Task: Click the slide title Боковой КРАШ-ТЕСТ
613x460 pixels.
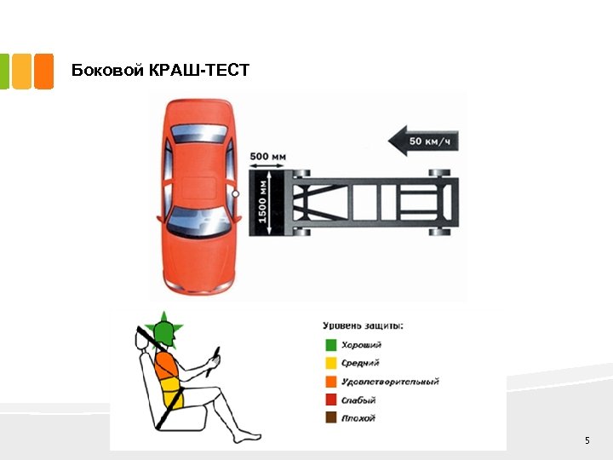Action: [x=161, y=70]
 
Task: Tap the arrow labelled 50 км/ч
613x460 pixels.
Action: [x=423, y=139]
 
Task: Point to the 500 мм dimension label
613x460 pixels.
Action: [x=267, y=157]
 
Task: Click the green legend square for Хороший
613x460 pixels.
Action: [x=329, y=345]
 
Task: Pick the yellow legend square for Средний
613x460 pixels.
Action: [x=329, y=363]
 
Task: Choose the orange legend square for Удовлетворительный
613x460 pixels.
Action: [x=329, y=382]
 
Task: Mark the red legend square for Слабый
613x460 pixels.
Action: [x=329, y=400]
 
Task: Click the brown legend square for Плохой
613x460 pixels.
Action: [x=329, y=418]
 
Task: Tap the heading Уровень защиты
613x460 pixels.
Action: [x=363, y=325]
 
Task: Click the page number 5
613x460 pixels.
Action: [x=587, y=440]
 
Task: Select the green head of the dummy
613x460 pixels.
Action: [x=163, y=332]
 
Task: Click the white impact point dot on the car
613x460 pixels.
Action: [x=236, y=195]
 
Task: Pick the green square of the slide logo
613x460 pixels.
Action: [x=5, y=72]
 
